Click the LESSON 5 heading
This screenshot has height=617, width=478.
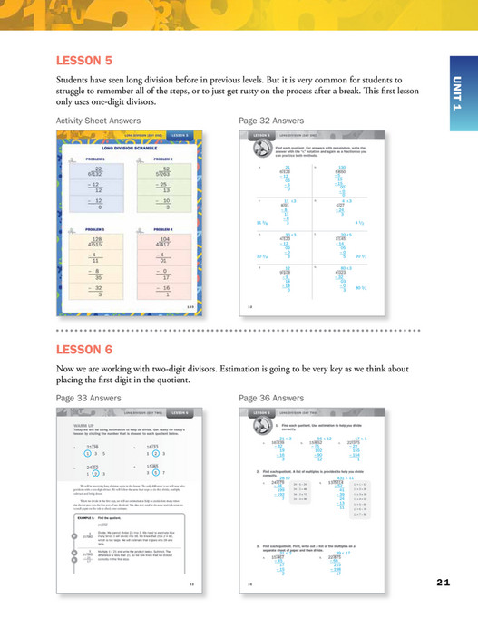[83, 61]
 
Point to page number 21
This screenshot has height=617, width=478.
[443, 582]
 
